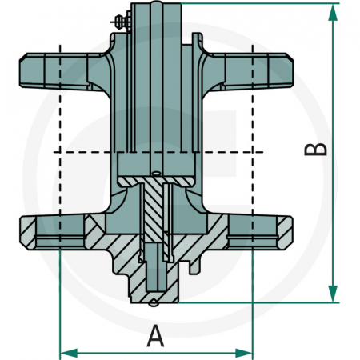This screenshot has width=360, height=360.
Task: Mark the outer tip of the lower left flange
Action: click(x=21, y=232)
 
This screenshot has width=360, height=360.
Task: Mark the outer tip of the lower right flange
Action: click(x=293, y=232)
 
